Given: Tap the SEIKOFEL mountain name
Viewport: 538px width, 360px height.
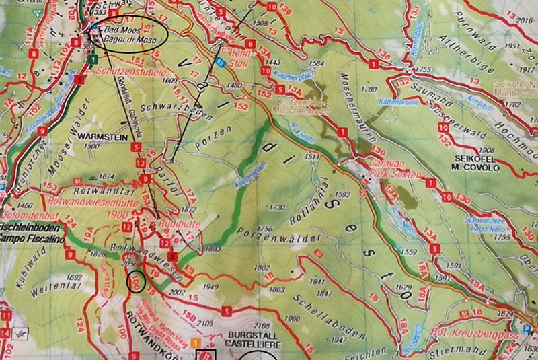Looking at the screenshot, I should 473,162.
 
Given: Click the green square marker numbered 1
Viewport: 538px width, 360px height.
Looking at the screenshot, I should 89,59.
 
